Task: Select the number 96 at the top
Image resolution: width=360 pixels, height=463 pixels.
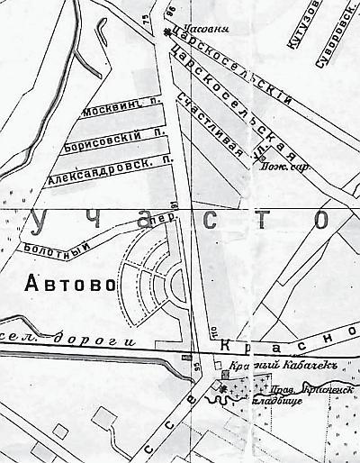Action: (168, 12)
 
